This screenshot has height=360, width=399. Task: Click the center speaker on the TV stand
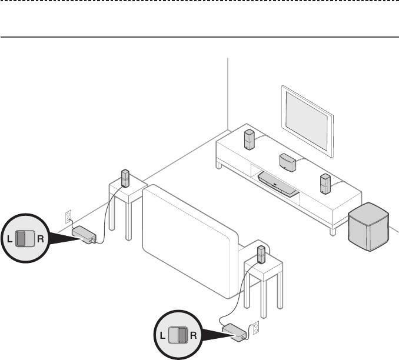(x=287, y=161)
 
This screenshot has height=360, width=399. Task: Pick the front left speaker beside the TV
(x=250, y=139)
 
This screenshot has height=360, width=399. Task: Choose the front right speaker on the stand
(x=325, y=184)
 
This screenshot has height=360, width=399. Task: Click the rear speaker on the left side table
(x=125, y=178)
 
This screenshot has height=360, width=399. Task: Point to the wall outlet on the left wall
(x=68, y=216)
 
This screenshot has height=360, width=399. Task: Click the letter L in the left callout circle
(x=10, y=239)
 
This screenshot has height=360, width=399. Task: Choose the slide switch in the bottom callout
(x=177, y=336)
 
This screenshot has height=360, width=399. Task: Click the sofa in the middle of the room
(x=188, y=235)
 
